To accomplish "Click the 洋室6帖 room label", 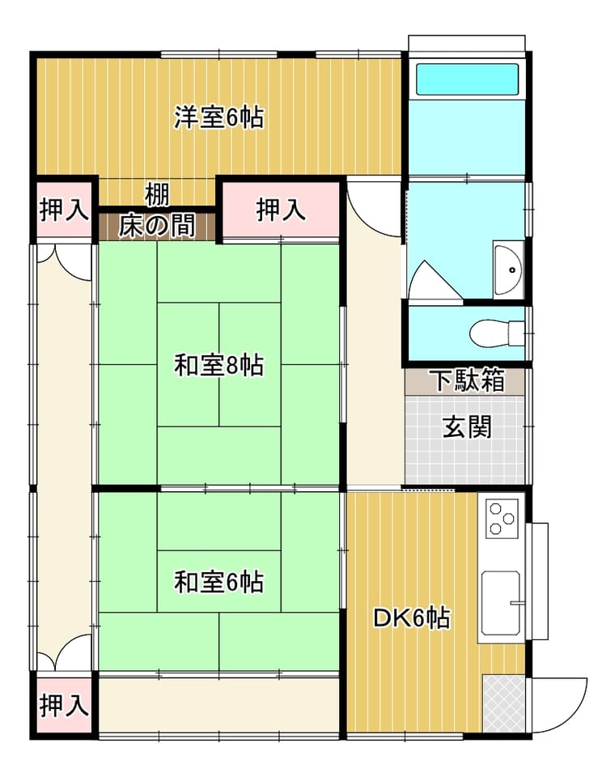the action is (218, 117).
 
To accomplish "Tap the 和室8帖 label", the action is (218, 366).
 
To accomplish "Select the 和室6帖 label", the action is (218, 582).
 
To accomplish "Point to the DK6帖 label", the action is (411, 618).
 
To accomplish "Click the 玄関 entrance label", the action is (467, 427).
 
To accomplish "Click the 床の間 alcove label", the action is (157, 226).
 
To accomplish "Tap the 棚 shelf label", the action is (157, 195).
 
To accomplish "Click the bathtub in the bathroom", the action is (468, 79).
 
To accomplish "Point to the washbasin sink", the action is (508, 270).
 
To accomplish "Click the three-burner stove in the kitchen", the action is (503, 518).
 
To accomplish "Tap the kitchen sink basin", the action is (501, 603).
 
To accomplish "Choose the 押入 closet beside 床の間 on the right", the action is (281, 210).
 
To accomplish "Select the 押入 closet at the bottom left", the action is (64, 705).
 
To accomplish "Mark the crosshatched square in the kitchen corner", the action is (503, 703).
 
